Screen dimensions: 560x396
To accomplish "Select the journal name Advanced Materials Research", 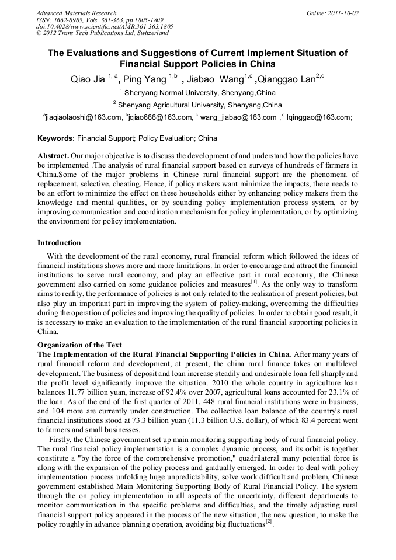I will pyautogui.click(x=77, y=13).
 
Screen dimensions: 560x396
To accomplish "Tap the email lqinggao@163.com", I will pyautogui.click(x=319, y=117).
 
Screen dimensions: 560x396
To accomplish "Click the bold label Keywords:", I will pyautogui.click(x=56, y=139).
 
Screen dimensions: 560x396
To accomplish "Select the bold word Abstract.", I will pyautogui.click(x=53, y=157).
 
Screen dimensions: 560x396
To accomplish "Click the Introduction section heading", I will pyautogui.click(x=59, y=242).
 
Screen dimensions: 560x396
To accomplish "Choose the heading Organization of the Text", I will pyautogui.click(x=79, y=345).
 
